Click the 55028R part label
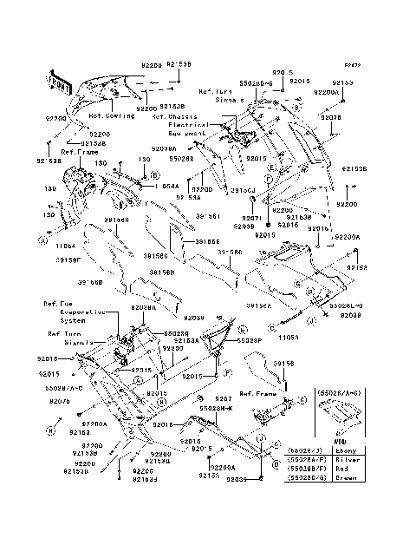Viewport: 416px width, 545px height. point(181,158)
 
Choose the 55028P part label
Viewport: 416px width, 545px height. point(249,342)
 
